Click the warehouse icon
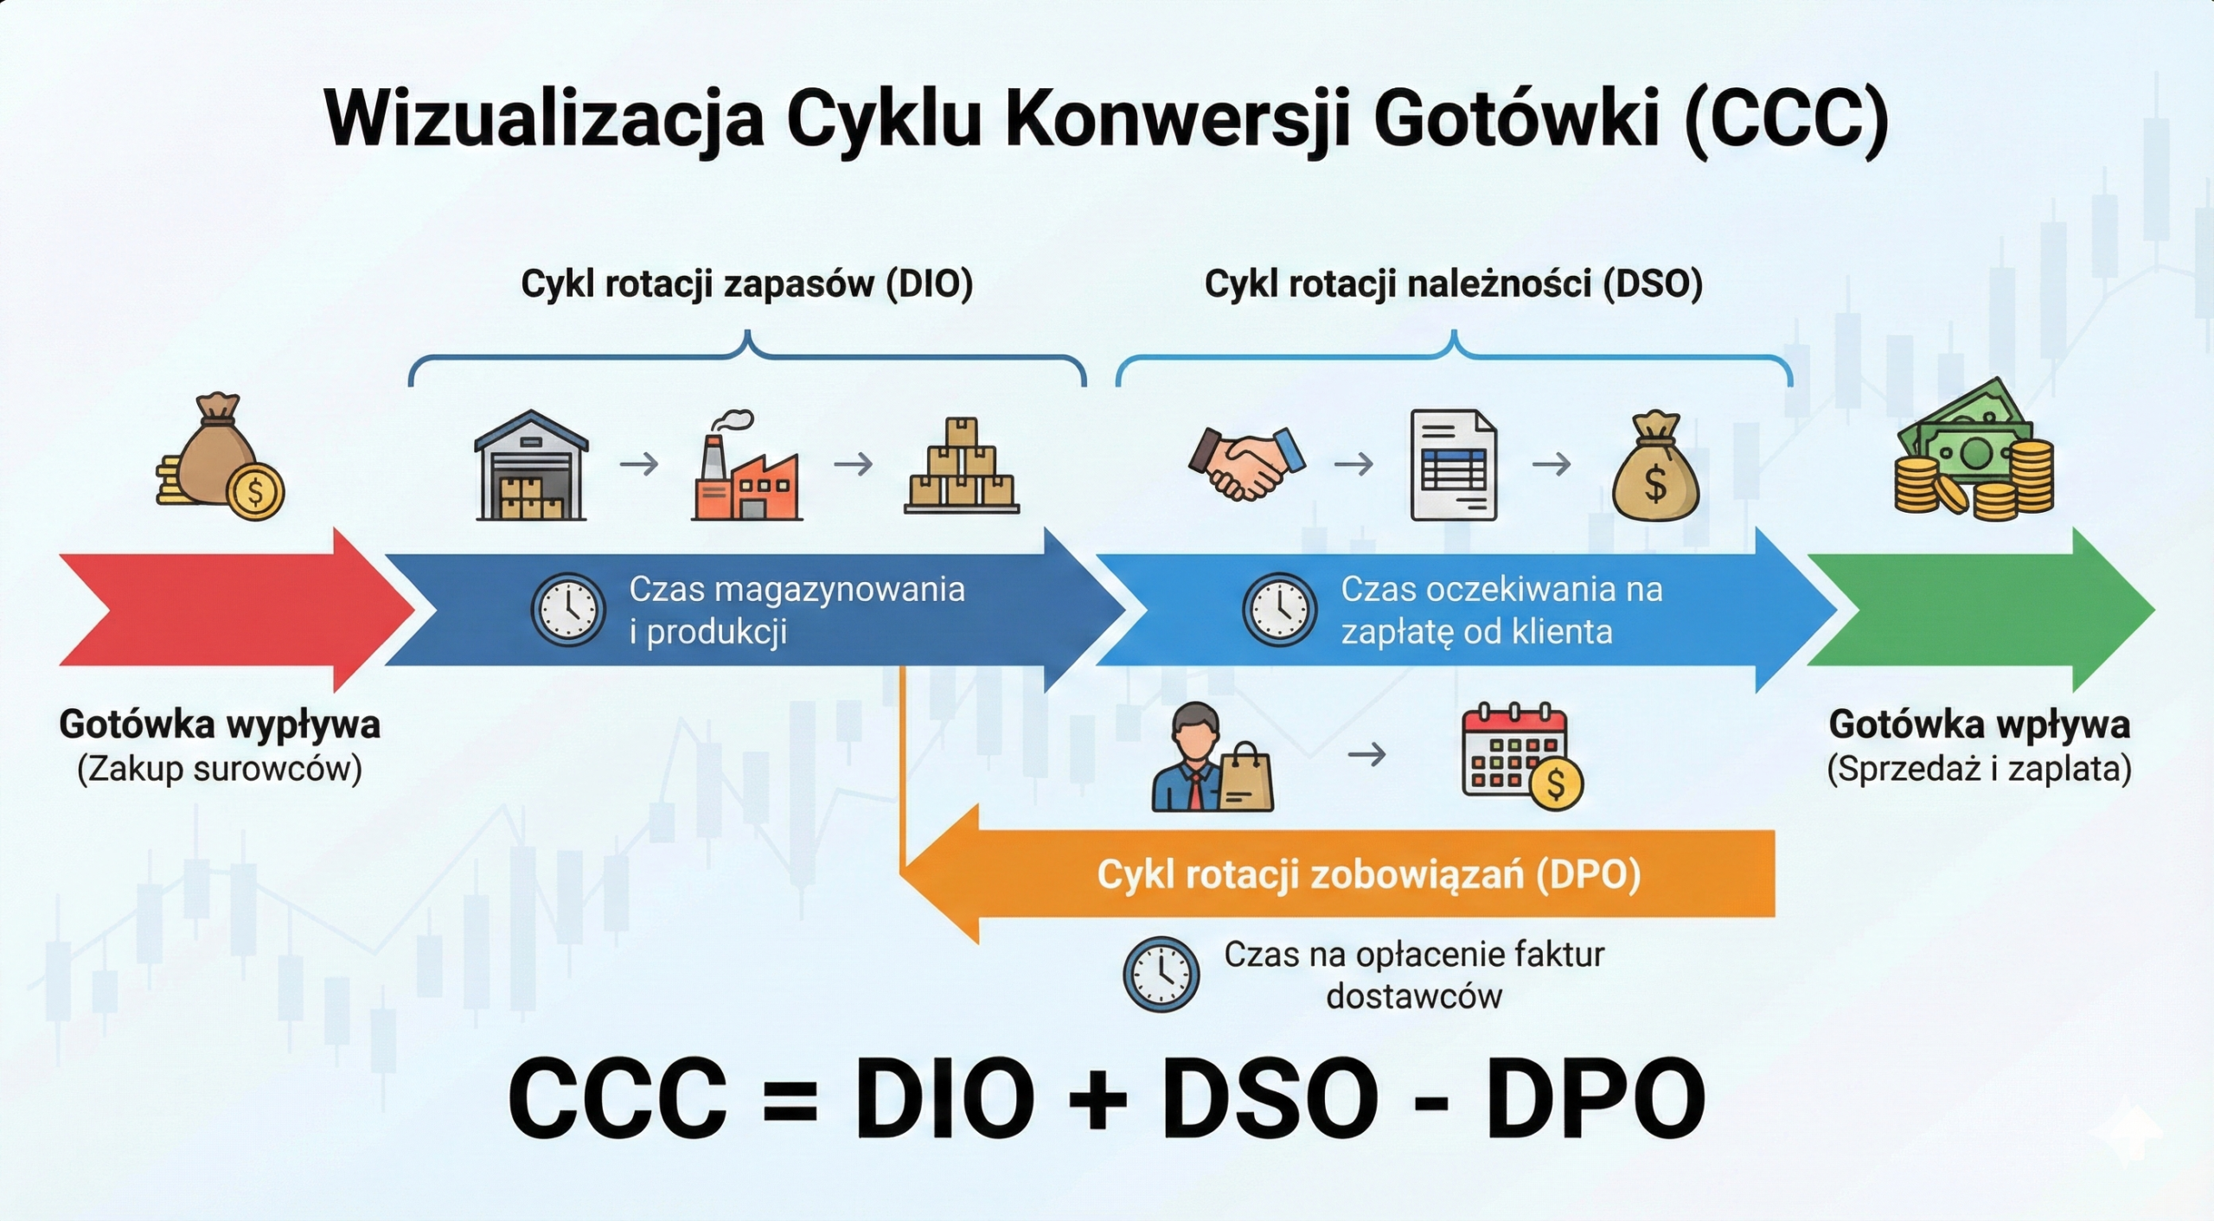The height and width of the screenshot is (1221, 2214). [x=531, y=465]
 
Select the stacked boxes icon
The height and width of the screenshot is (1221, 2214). [x=962, y=466]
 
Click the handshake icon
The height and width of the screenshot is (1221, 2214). [x=1246, y=463]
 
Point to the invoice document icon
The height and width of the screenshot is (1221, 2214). [x=1454, y=465]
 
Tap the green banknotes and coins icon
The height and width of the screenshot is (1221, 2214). [x=1974, y=450]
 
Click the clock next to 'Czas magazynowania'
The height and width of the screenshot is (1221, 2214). [x=568, y=610]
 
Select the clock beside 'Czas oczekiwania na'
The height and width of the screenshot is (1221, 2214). [x=1280, y=610]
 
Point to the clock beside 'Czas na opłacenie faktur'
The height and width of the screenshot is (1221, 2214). [x=1161, y=975]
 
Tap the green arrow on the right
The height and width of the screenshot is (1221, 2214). [x=1980, y=610]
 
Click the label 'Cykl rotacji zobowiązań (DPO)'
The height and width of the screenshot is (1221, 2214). [x=1369, y=874]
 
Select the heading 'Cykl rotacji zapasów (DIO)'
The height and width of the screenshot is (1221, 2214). [x=747, y=284]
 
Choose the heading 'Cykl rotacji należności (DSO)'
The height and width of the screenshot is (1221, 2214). [x=1454, y=284]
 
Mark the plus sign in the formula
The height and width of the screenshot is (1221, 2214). [x=1098, y=1100]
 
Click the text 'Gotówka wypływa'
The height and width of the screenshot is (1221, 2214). [x=220, y=725]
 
